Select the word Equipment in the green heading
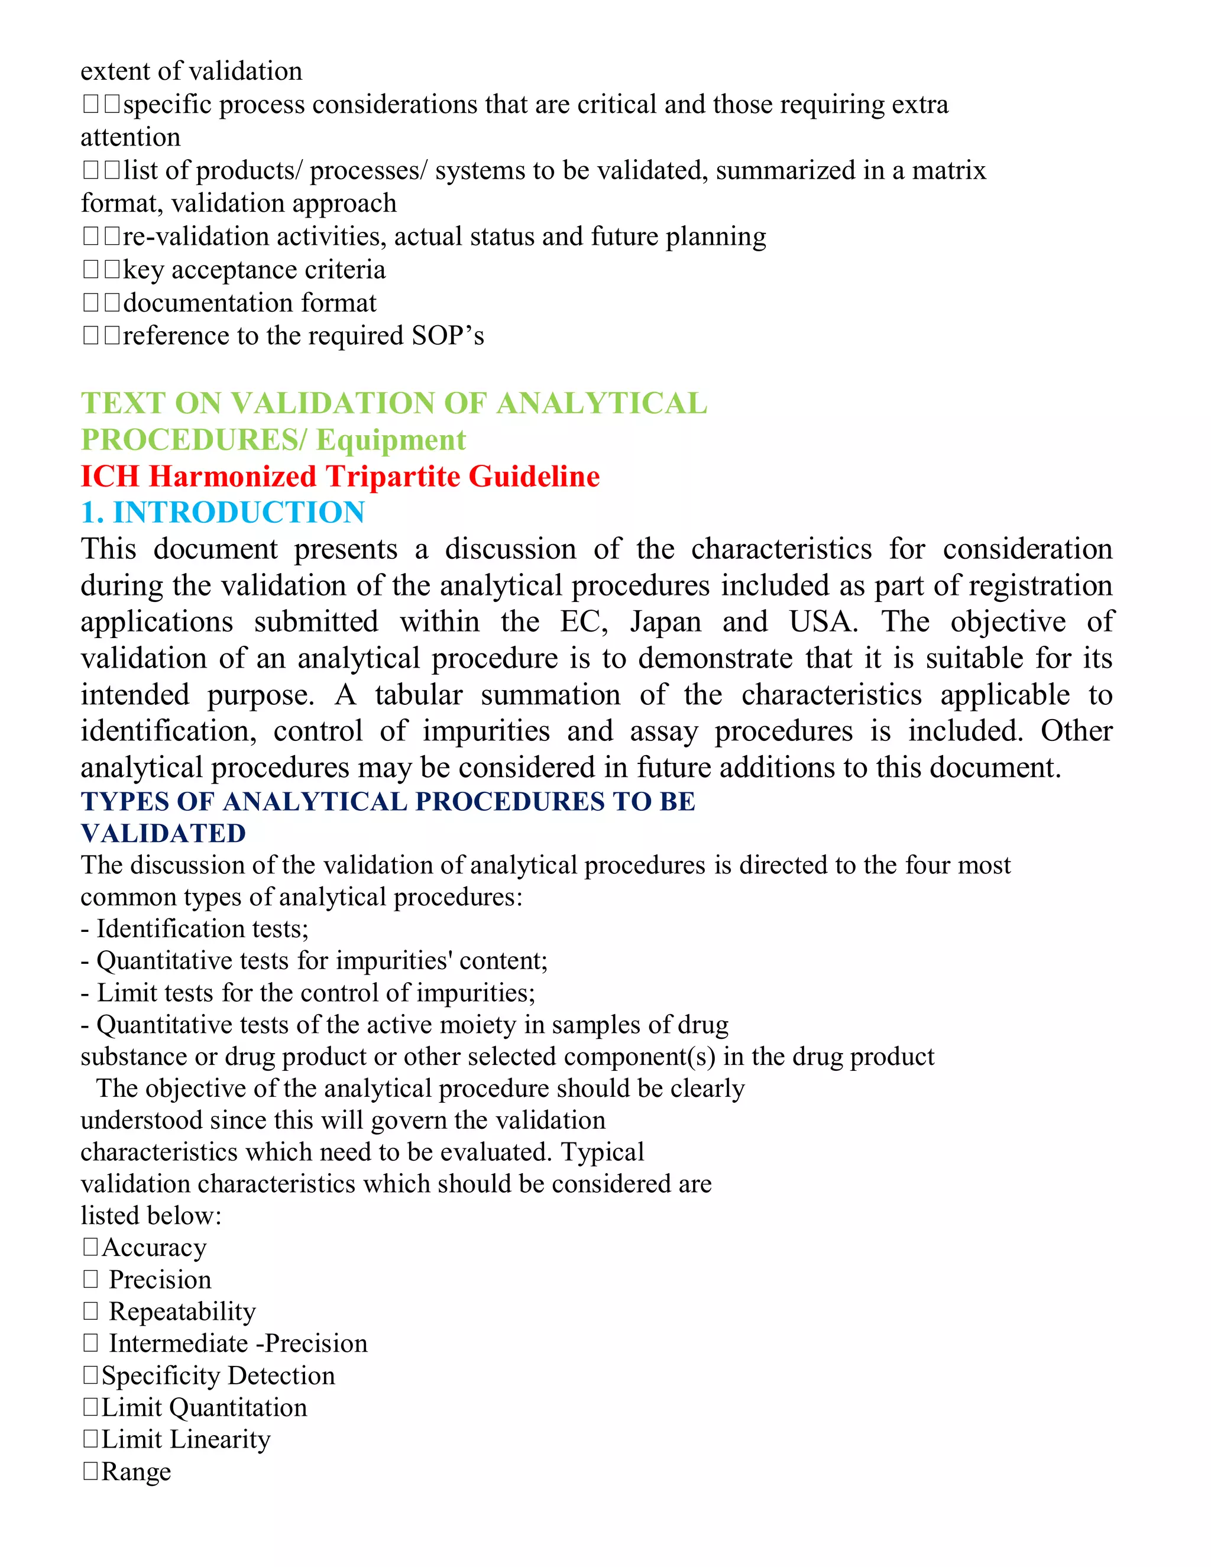(391, 440)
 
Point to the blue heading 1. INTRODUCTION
(223, 512)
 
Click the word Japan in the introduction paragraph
(665, 621)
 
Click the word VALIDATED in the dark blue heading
(164, 833)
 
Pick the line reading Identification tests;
(195, 929)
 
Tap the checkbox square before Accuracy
(90, 1247)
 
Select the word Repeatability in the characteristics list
(182, 1312)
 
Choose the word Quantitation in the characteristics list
(238, 1408)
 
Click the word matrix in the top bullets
(948, 171)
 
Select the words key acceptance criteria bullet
(254, 270)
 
